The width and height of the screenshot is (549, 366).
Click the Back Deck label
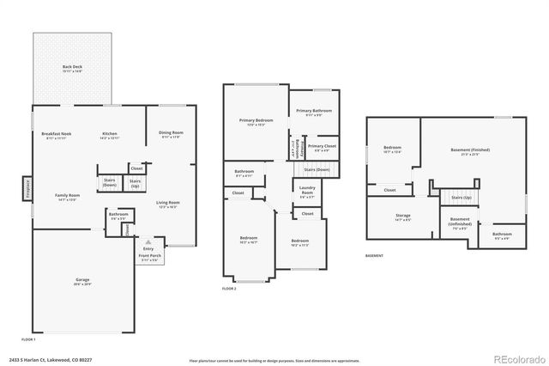coord(72,68)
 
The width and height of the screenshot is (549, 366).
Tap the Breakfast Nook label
coord(57,135)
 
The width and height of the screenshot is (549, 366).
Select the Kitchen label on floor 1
coord(110,135)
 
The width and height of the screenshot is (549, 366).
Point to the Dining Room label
coord(171,134)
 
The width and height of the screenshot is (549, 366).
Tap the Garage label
coord(82,282)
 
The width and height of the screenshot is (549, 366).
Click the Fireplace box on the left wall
coord(27,186)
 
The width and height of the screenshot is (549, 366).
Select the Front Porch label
coord(150,255)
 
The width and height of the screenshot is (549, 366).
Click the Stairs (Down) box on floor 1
coord(110,183)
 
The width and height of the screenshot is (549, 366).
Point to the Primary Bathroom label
coord(313,113)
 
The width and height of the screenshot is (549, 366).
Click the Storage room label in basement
coord(402,217)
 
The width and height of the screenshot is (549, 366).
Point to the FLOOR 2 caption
coord(229,289)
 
